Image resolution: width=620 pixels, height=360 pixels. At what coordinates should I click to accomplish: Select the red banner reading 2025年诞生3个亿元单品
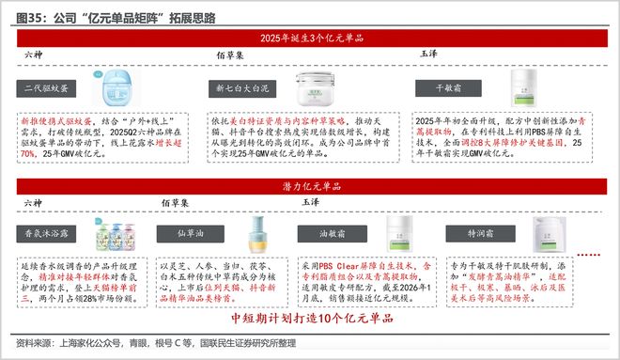coord(311,38)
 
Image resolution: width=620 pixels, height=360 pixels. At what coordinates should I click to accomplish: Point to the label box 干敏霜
coord(445,88)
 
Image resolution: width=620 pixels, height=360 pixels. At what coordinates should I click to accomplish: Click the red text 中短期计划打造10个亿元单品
coord(310,318)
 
